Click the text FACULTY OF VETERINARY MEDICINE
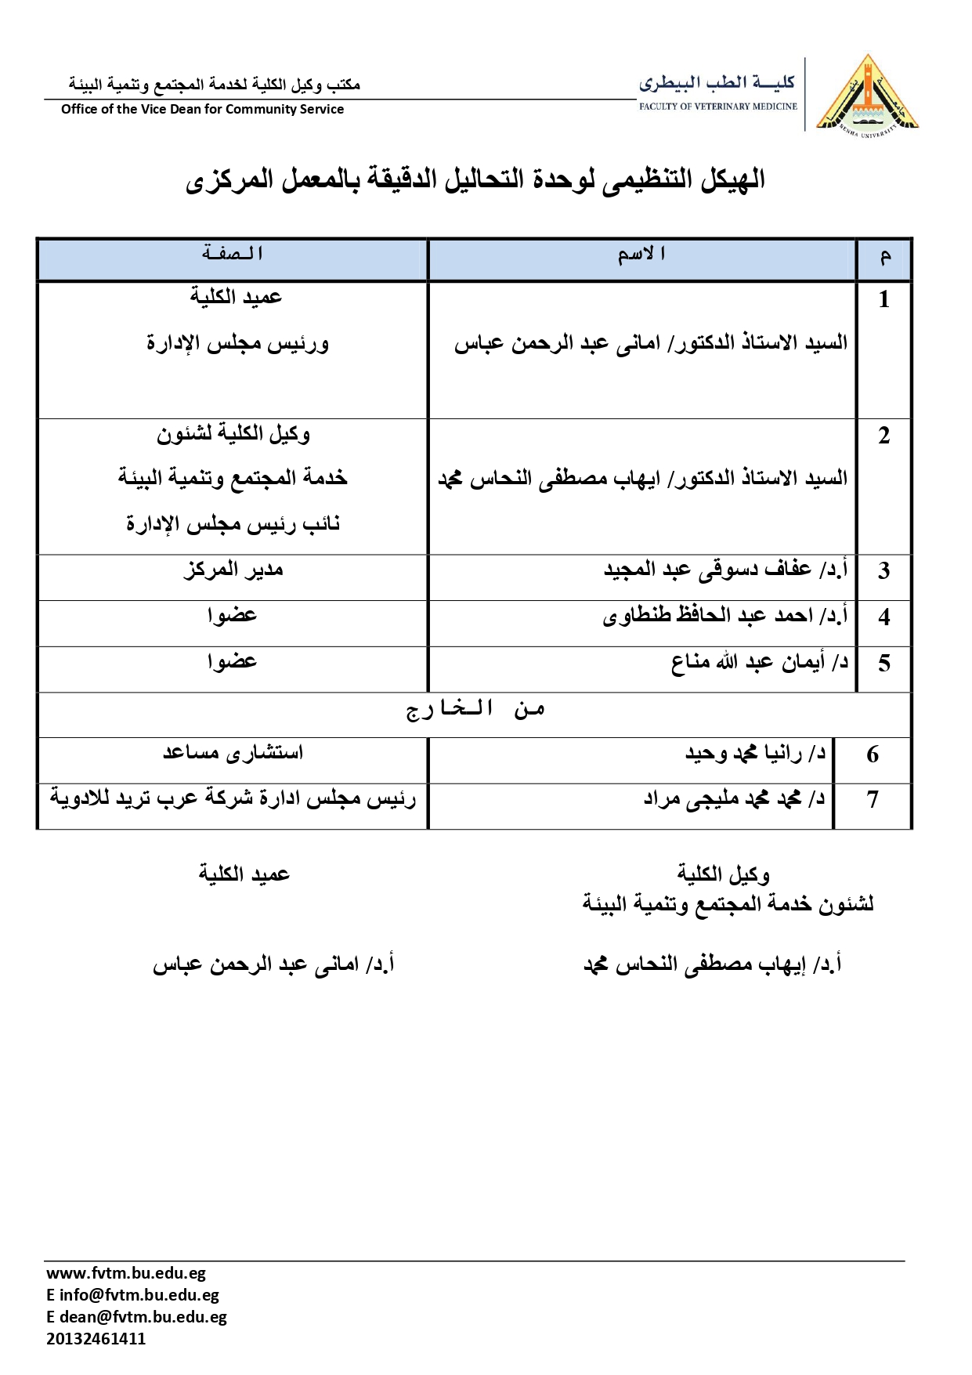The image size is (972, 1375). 717,107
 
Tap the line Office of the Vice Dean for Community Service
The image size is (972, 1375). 202,110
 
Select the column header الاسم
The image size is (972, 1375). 641,255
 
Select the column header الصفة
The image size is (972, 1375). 232,254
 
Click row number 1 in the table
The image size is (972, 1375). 884,299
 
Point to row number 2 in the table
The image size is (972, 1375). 884,436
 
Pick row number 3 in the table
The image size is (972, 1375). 884,570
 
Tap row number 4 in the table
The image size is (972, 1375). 884,617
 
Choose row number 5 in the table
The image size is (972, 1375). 884,664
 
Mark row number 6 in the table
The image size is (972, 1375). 873,754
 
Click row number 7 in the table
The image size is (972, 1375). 873,800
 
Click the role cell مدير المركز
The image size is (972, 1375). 233,570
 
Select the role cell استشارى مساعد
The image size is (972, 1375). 233,753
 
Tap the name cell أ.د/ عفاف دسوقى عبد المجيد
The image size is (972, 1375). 725,570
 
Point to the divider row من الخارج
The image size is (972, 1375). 475,710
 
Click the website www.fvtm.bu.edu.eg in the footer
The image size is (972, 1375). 125,1273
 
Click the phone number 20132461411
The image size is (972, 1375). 96,1339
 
